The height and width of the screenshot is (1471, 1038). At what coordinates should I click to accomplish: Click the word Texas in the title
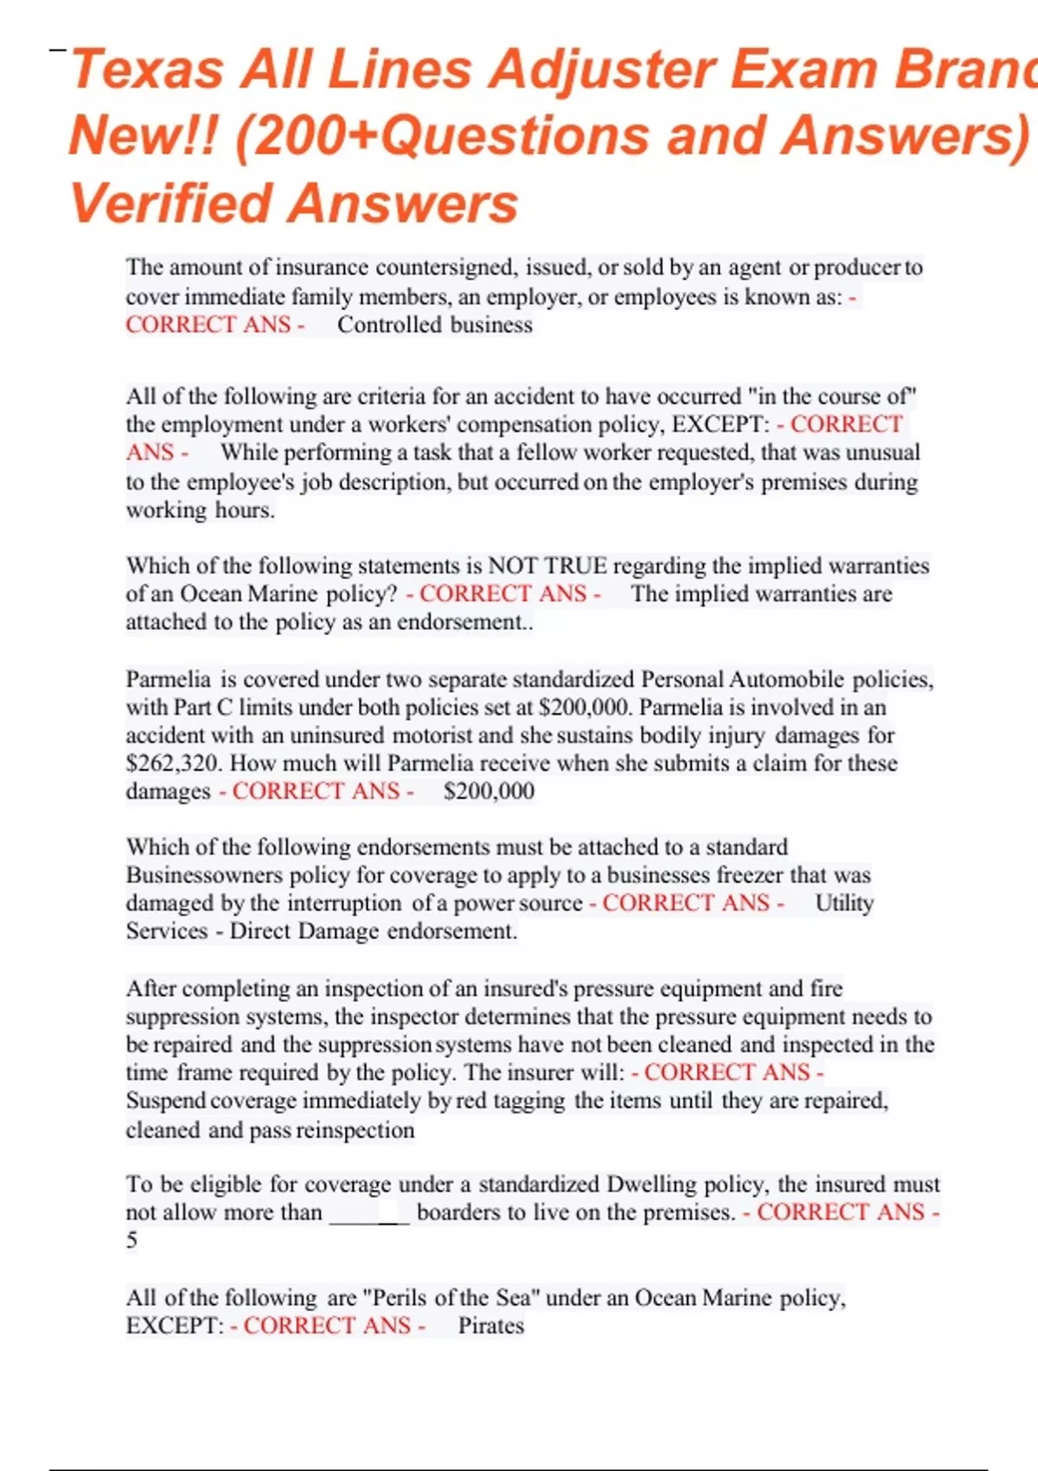coord(147,69)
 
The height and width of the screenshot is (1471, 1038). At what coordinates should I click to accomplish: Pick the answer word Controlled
coord(385,325)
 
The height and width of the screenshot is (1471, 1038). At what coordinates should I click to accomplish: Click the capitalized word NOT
coord(513,566)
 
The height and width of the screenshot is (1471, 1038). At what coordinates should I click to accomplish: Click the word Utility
coord(844,903)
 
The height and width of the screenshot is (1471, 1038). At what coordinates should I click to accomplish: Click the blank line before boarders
coord(369,1213)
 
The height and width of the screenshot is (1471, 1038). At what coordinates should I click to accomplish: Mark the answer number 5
coord(131,1241)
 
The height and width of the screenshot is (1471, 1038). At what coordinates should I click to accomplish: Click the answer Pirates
coord(490,1326)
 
